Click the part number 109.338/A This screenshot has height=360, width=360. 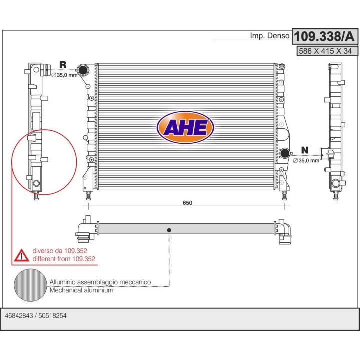tap(324, 36)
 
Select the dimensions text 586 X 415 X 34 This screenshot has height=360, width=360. tap(325, 51)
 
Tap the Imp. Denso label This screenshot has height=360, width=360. tap(270, 36)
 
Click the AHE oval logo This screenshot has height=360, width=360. tap(185, 127)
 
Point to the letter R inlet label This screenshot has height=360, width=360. tap(63, 64)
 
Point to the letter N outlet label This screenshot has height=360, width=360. tap(305, 150)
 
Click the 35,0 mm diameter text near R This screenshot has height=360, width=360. tap(64, 75)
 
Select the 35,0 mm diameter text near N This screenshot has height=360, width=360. tap(306, 160)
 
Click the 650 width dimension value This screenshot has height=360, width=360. tap(187, 203)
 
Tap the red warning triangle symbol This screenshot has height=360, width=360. tap(22, 255)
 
